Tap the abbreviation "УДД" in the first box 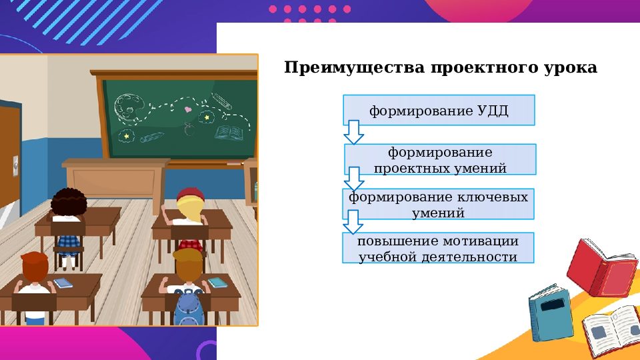[x=493, y=111]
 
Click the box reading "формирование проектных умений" [x=440, y=160]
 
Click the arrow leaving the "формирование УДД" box [x=353, y=133]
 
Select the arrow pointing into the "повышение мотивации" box [x=353, y=223]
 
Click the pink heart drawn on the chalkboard [x=188, y=109]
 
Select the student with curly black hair [x=69, y=204]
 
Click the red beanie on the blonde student [x=190, y=195]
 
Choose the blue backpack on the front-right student [x=188, y=308]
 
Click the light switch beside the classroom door [x=14, y=162]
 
